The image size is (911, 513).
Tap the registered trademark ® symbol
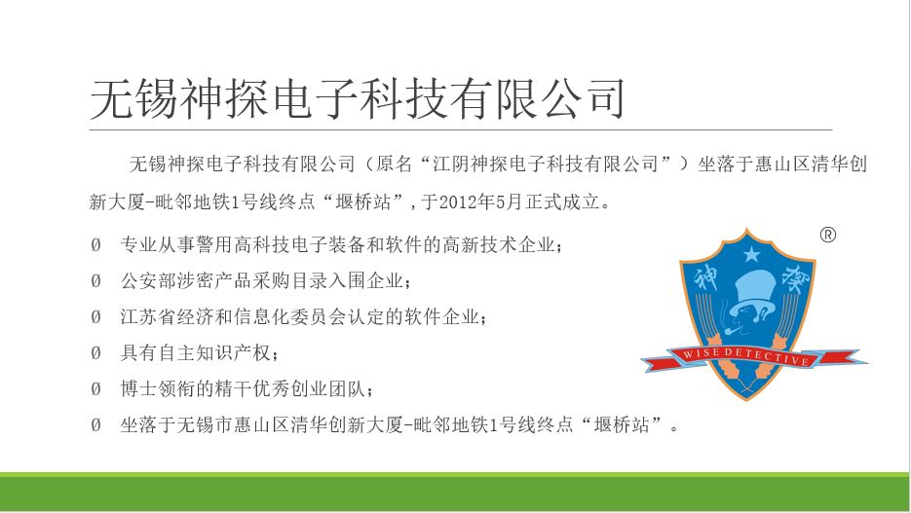pos(828,235)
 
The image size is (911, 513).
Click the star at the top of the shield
pos(752,254)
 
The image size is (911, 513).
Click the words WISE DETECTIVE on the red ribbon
pos(746,355)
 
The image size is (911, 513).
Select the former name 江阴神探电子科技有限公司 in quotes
pos(545,165)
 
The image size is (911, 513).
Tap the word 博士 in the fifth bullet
pos(139,388)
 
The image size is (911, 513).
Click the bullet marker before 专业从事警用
pos(95,245)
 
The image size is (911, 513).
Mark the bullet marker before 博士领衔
pos(95,388)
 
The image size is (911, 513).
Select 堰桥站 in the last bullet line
pos(621,424)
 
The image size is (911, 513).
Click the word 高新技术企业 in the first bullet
pos(499,245)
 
